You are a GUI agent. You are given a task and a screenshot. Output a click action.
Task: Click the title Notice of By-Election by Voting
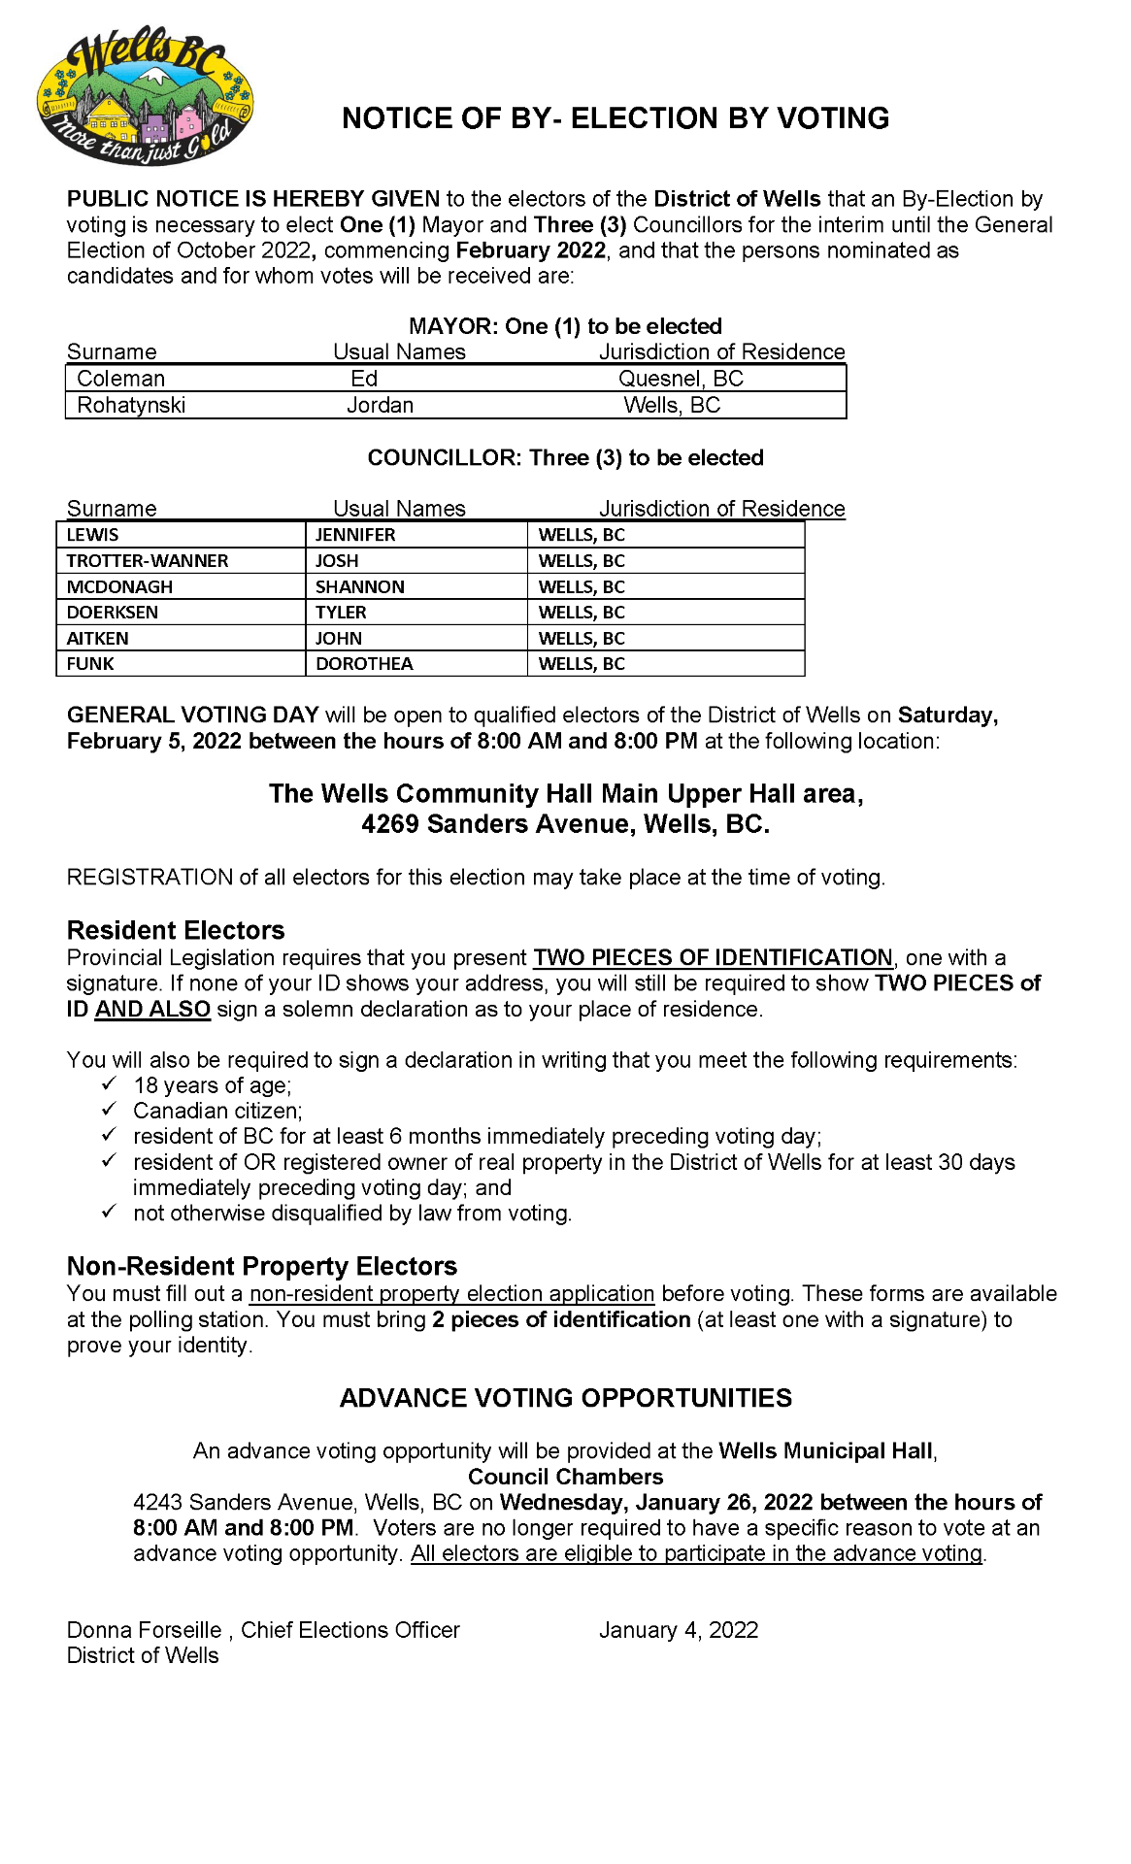coord(615,118)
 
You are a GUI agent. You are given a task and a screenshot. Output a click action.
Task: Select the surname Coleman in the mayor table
coord(121,379)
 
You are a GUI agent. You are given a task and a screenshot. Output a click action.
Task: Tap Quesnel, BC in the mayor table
coord(681,379)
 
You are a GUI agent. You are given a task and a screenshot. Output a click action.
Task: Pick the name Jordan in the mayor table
coord(381,405)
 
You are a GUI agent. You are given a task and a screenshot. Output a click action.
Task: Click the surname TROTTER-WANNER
coord(148,561)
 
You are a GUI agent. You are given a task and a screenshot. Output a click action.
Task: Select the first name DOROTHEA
coord(364,664)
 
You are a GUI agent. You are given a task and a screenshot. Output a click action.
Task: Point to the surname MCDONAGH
coord(119,587)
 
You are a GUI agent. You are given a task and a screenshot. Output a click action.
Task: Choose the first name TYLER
coord(341,613)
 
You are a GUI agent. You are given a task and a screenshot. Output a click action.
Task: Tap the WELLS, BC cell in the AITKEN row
coord(582,639)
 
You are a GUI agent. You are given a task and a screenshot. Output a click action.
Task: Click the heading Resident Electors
coord(176,930)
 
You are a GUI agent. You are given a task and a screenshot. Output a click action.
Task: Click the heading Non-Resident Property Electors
coord(262,1266)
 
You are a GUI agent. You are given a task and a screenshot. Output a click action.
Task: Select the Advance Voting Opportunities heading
coord(566,1398)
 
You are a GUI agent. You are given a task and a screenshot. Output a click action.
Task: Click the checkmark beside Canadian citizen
coord(110,1109)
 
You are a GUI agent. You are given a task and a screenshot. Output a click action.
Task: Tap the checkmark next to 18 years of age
coord(110,1083)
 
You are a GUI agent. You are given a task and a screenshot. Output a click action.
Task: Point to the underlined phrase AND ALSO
coord(152,1009)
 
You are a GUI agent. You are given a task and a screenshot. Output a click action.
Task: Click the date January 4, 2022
coord(679,1630)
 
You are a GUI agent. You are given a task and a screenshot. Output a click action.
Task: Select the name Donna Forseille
coord(145,1630)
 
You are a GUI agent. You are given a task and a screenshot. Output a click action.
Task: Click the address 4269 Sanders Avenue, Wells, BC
coord(566,824)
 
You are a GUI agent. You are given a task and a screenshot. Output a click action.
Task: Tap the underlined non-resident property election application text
coord(451,1294)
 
